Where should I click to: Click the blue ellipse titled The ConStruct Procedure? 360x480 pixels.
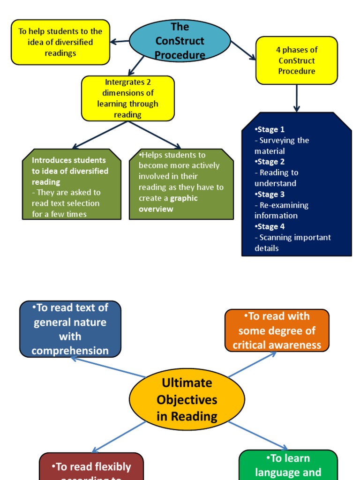tap(180, 41)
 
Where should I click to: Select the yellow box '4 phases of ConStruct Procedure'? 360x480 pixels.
tap(296, 60)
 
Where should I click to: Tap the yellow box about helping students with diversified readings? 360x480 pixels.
tap(60, 42)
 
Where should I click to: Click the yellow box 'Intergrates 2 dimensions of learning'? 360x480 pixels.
tap(127, 98)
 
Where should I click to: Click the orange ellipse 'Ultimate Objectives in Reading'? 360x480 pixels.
tap(187, 399)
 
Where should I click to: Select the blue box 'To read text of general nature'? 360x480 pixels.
tap(70, 329)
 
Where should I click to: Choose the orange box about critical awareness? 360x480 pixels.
tap(277, 330)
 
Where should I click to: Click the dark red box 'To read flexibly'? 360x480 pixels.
tap(91, 467)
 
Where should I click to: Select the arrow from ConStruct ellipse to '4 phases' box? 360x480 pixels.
tap(243, 50)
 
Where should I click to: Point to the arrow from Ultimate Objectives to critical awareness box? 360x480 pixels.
tap(252, 364)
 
